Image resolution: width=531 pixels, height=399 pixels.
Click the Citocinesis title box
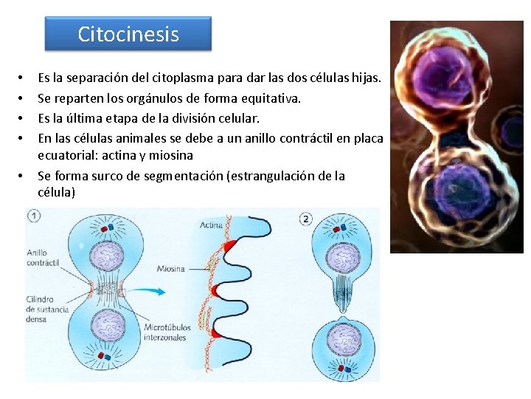(x=128, y=34)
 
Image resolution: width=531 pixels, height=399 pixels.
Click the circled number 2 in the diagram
(x=307, y=219)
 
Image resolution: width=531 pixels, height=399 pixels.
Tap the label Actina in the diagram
(x=211, y=225)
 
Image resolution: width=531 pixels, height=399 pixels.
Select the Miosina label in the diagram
(x=170, y=269)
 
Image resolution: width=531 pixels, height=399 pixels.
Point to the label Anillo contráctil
(x=41, y=258)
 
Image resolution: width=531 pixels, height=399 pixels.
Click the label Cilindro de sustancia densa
(x=46, y=308)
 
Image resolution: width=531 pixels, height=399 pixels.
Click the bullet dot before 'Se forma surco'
(x=22, y=177)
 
